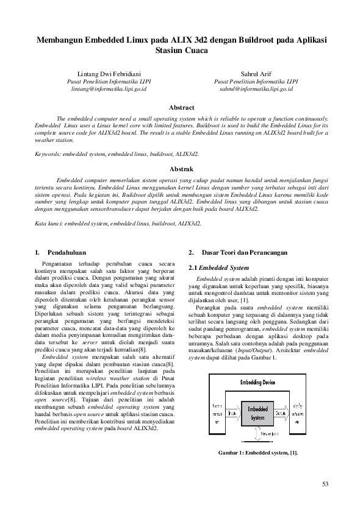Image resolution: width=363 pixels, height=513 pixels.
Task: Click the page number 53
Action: coord(325,484)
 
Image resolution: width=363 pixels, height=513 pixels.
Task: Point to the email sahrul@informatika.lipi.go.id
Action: coord(256,88)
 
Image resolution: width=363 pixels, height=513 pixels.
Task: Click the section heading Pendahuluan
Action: coord(66,252)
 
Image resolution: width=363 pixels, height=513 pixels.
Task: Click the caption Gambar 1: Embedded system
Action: coord(258,453)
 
